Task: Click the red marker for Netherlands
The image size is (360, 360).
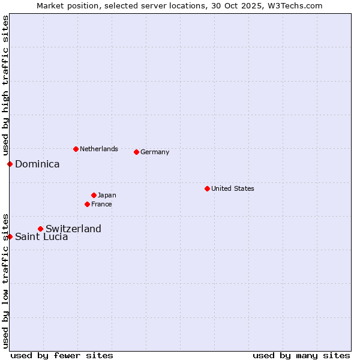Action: [x=76, y=149]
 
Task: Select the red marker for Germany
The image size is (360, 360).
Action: [x=136, y=152]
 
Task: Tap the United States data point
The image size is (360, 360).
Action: [x=207, y=188]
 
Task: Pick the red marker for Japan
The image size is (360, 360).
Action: [x=94, y=195]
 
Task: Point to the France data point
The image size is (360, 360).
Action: [x=87, y=204]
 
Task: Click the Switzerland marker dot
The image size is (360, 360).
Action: [x=40, y=229]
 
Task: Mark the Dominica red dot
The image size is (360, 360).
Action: [x=10, y=164]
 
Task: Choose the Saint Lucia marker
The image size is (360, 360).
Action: [x=10, y=236]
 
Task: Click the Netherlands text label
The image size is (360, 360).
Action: [x=98, y=149]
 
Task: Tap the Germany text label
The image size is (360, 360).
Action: [x=155, y=152]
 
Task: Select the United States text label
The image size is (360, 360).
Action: [x=232, y=188]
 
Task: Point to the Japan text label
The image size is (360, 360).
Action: [x=107, y=195]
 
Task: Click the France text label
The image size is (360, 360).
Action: [x=101, y=204]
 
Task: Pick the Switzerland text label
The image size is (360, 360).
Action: [x=73, y=229]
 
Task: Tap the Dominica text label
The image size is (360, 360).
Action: [x=37, y=164]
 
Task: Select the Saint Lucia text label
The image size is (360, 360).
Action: [x=41, y=236]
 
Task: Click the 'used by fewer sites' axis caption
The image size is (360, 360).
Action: [x=62, y=355]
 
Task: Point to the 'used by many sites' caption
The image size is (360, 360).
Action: [x=301, y=355]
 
